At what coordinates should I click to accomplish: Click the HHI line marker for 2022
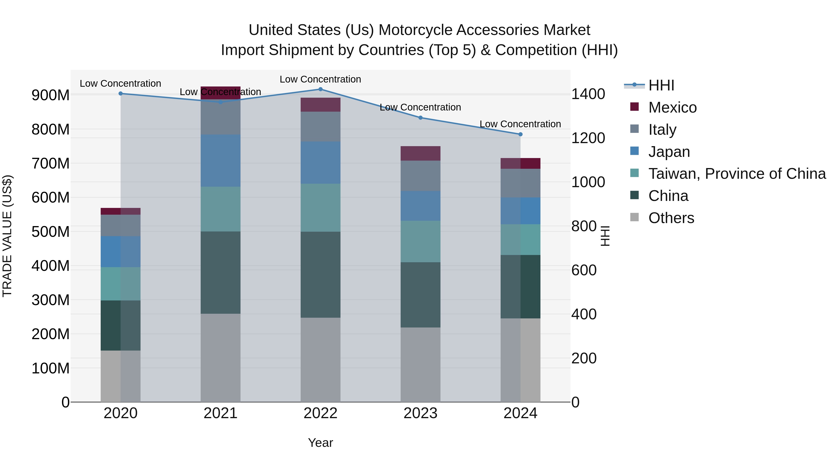(x=320, y=89)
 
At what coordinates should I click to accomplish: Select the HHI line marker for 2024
(x=520, y=134)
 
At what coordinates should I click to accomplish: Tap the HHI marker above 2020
(x=120, y=93)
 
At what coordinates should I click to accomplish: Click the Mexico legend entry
(x=672, y=107)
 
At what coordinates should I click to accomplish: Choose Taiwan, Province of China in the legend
(x=737, y=174)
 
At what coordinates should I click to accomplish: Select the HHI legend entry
(x=661, y=85)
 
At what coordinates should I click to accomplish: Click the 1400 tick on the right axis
(x=588, y=94)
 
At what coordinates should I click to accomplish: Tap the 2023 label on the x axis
(x=420, y=413)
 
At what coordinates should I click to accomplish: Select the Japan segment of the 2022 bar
(x=320, y=162)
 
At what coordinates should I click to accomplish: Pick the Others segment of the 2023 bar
(x=420, y=365)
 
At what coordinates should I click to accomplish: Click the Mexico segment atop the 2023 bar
(x=420, y=153)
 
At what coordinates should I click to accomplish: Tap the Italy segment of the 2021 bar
(x=220, y=117)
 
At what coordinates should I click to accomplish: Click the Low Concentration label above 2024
(x=520, y=124)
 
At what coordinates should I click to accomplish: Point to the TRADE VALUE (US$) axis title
(x=7, y=236)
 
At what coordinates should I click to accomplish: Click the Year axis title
(x=320, y=443)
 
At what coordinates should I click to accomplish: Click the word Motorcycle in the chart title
(x=415, y=30)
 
